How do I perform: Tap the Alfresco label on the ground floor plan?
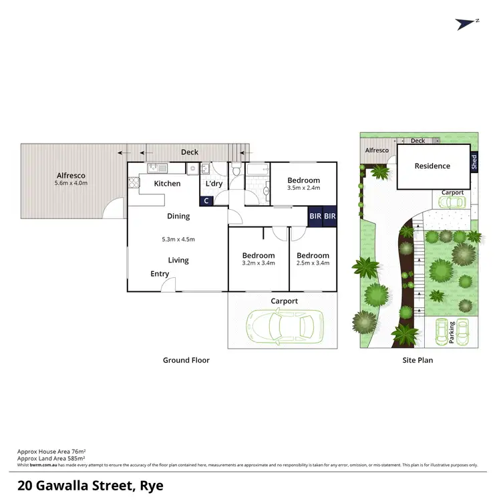point(71,176)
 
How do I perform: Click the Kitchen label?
point(167,184)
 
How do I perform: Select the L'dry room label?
point(214,184)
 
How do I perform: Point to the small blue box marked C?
point(206,200)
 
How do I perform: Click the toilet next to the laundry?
point(236,175)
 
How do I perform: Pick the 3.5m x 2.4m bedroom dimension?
point(304,188)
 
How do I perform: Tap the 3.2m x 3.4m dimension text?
point(259,263)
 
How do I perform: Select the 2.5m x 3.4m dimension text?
point(313,263)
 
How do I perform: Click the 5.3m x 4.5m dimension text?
point(178,239)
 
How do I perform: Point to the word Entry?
point(160,274)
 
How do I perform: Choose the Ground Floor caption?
point(186,360)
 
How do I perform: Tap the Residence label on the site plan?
point(432,166)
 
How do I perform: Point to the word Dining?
point(178,216)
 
